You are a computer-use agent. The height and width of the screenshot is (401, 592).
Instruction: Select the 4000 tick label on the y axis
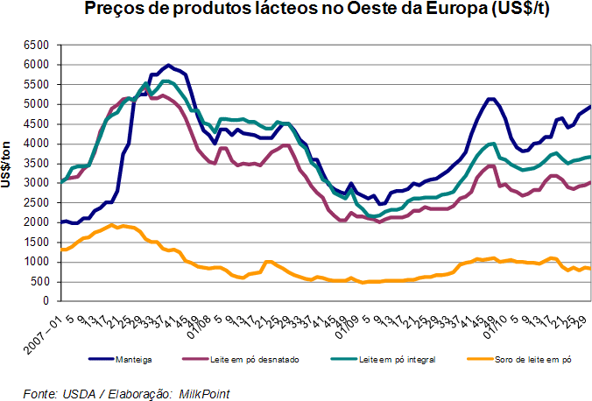click(x=34, y=144)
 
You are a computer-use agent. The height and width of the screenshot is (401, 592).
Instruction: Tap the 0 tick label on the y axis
click(x=46, y=301)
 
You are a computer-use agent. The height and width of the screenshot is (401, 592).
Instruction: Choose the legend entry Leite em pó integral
click(x=394, y=358)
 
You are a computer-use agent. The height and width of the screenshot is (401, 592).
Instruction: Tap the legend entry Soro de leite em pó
click(x=520, y=358)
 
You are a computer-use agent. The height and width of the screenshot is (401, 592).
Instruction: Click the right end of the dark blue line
click(x=590, y=107)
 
